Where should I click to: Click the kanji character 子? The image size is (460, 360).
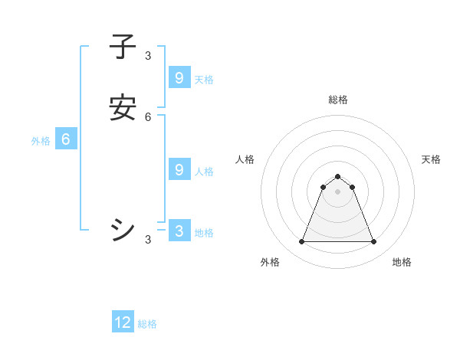[123, 47]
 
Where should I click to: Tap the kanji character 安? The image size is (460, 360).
[123, 108]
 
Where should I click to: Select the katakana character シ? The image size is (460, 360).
[123, 230]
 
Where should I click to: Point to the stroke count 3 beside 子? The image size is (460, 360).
[148, 56]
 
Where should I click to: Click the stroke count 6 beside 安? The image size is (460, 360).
[148, 117]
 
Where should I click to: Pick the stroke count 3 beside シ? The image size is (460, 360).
[148, 240]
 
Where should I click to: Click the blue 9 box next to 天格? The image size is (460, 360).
[179, 78]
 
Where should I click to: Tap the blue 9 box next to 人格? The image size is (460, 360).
[179, 170]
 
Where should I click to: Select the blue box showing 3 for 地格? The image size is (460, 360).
[179, 231]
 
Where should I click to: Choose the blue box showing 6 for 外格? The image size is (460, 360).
[66, 139]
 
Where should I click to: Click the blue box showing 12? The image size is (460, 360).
[123, 322]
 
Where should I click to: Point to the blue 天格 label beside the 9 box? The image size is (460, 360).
[204, 80]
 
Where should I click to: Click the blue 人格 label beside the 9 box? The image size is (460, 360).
[204, 172]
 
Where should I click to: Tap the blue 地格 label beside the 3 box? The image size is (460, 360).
[204, 233]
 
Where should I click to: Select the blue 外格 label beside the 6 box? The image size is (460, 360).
[41, 141]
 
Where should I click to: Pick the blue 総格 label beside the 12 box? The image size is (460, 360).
[147, 324]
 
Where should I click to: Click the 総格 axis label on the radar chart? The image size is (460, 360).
[337, 100]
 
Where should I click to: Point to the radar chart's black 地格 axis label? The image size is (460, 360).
[402, 262]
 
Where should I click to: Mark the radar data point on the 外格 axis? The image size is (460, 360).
[301, 242]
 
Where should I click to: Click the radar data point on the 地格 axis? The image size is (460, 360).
[373, 242]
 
